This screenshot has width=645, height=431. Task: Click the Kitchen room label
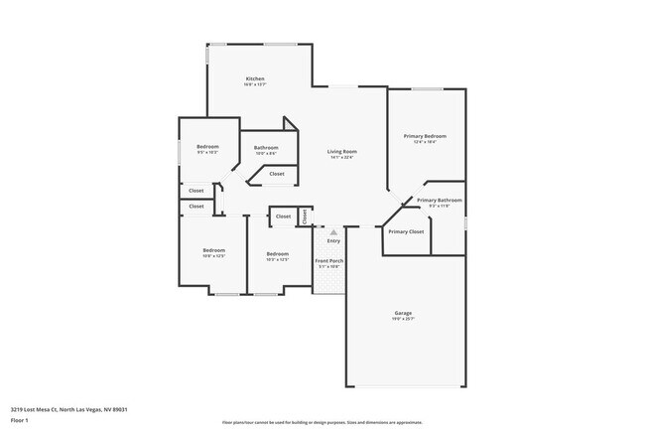[255, 78]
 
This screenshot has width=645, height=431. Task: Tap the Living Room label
[342, 151]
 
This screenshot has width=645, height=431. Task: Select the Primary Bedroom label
[425, 136]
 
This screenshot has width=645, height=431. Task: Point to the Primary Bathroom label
[440, 200]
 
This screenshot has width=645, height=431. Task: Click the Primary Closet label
[406, 231]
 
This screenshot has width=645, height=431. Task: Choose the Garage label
[403, 313]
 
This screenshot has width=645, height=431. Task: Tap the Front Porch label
[329, 260]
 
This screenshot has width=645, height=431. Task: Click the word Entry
[333, 240]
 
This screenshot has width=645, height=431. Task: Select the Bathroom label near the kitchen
[266, 147]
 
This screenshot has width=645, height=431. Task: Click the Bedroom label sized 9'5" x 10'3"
[207, 147]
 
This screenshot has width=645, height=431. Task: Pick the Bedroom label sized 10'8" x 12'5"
[214, 249]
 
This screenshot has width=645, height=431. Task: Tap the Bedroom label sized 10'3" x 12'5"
[277, 253]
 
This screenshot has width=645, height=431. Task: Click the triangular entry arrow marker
[333, 231]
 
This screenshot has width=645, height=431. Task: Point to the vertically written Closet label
[305, 215]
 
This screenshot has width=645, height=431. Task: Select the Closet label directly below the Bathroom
[276, 174]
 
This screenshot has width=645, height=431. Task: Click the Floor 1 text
[21, 420]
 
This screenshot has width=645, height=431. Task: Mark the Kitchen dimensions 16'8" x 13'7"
[255, 84]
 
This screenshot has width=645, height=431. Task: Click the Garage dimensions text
[403, 319]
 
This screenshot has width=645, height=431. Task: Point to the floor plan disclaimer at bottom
[322, 422]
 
